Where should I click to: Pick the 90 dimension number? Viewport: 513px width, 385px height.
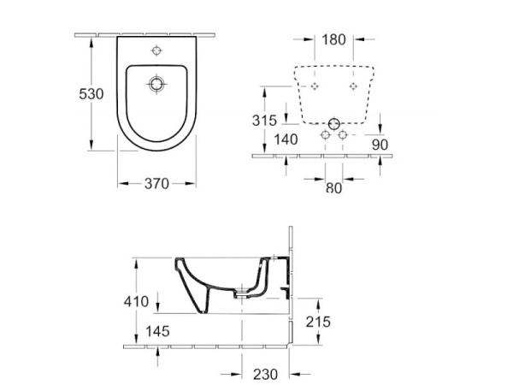[380, 145]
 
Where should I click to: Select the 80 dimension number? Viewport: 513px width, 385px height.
[333, 187]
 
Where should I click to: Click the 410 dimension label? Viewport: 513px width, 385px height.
[136, 301]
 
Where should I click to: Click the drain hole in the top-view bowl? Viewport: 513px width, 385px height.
[156, 84]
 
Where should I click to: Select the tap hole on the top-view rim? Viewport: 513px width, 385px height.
[156, 49]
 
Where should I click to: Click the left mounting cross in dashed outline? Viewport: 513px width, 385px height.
[315, 87]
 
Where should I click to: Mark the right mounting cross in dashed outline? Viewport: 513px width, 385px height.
[352, 87]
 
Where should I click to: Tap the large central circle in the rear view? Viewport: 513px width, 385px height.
[333, 121]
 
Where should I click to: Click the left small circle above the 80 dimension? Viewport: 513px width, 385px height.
[324, 135]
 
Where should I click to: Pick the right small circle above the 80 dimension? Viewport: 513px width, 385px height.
[343, 135]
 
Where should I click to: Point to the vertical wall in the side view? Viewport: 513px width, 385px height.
[292, 282]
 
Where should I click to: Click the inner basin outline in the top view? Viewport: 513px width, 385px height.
[128, 94]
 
